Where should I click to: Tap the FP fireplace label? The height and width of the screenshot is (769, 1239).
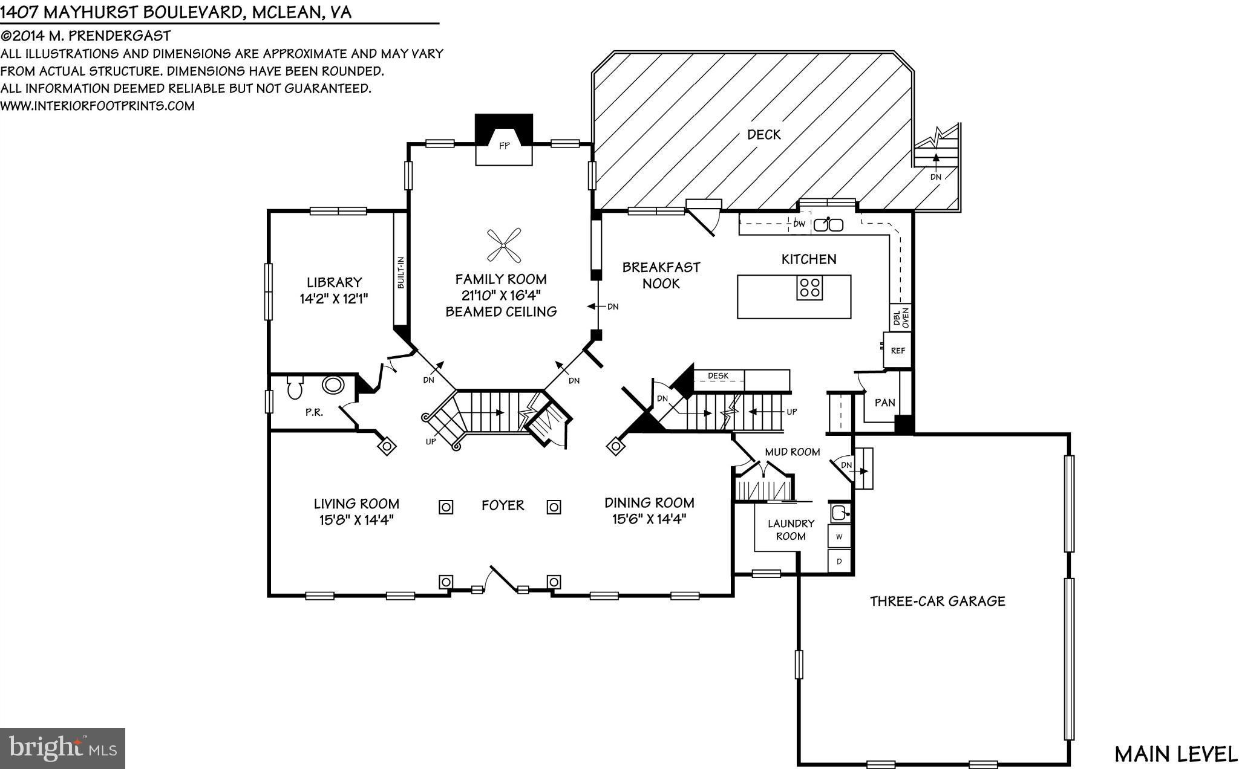click(504, 146)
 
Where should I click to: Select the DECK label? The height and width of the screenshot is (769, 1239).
click(763, 135)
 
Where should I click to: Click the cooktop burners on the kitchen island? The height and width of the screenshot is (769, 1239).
click(810, 287)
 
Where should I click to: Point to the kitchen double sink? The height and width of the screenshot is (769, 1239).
click(828, 225)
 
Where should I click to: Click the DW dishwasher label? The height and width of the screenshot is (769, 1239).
click(799, 224)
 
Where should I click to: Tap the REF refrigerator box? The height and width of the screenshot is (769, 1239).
click(898, 351)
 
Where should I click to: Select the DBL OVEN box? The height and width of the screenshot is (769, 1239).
click(901, 317)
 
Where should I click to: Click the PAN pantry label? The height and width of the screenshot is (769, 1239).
click(884, 403)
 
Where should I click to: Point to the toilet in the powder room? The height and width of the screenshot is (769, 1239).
click(295, 388)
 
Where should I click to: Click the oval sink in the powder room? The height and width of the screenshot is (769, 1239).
click(333, 384)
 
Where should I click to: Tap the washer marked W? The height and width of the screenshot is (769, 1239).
click(839, 536)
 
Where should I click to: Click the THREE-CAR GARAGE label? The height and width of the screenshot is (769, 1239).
click(937, 602)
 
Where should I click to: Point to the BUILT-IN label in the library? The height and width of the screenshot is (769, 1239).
click(400, 273)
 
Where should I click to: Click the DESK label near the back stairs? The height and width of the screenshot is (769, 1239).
click(718, 376)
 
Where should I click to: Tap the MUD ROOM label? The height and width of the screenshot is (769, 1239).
click(792, 452)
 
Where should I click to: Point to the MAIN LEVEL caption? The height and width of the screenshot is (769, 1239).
click(1175, 754)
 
